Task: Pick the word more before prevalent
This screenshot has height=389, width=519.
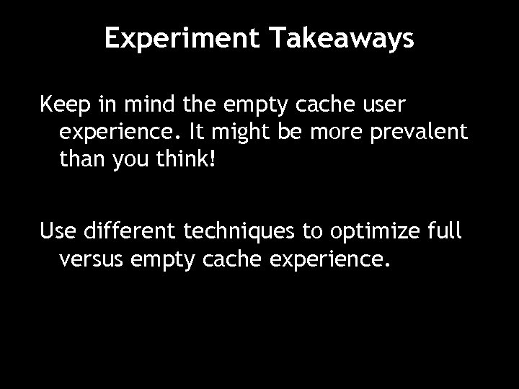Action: click(338, 133)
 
